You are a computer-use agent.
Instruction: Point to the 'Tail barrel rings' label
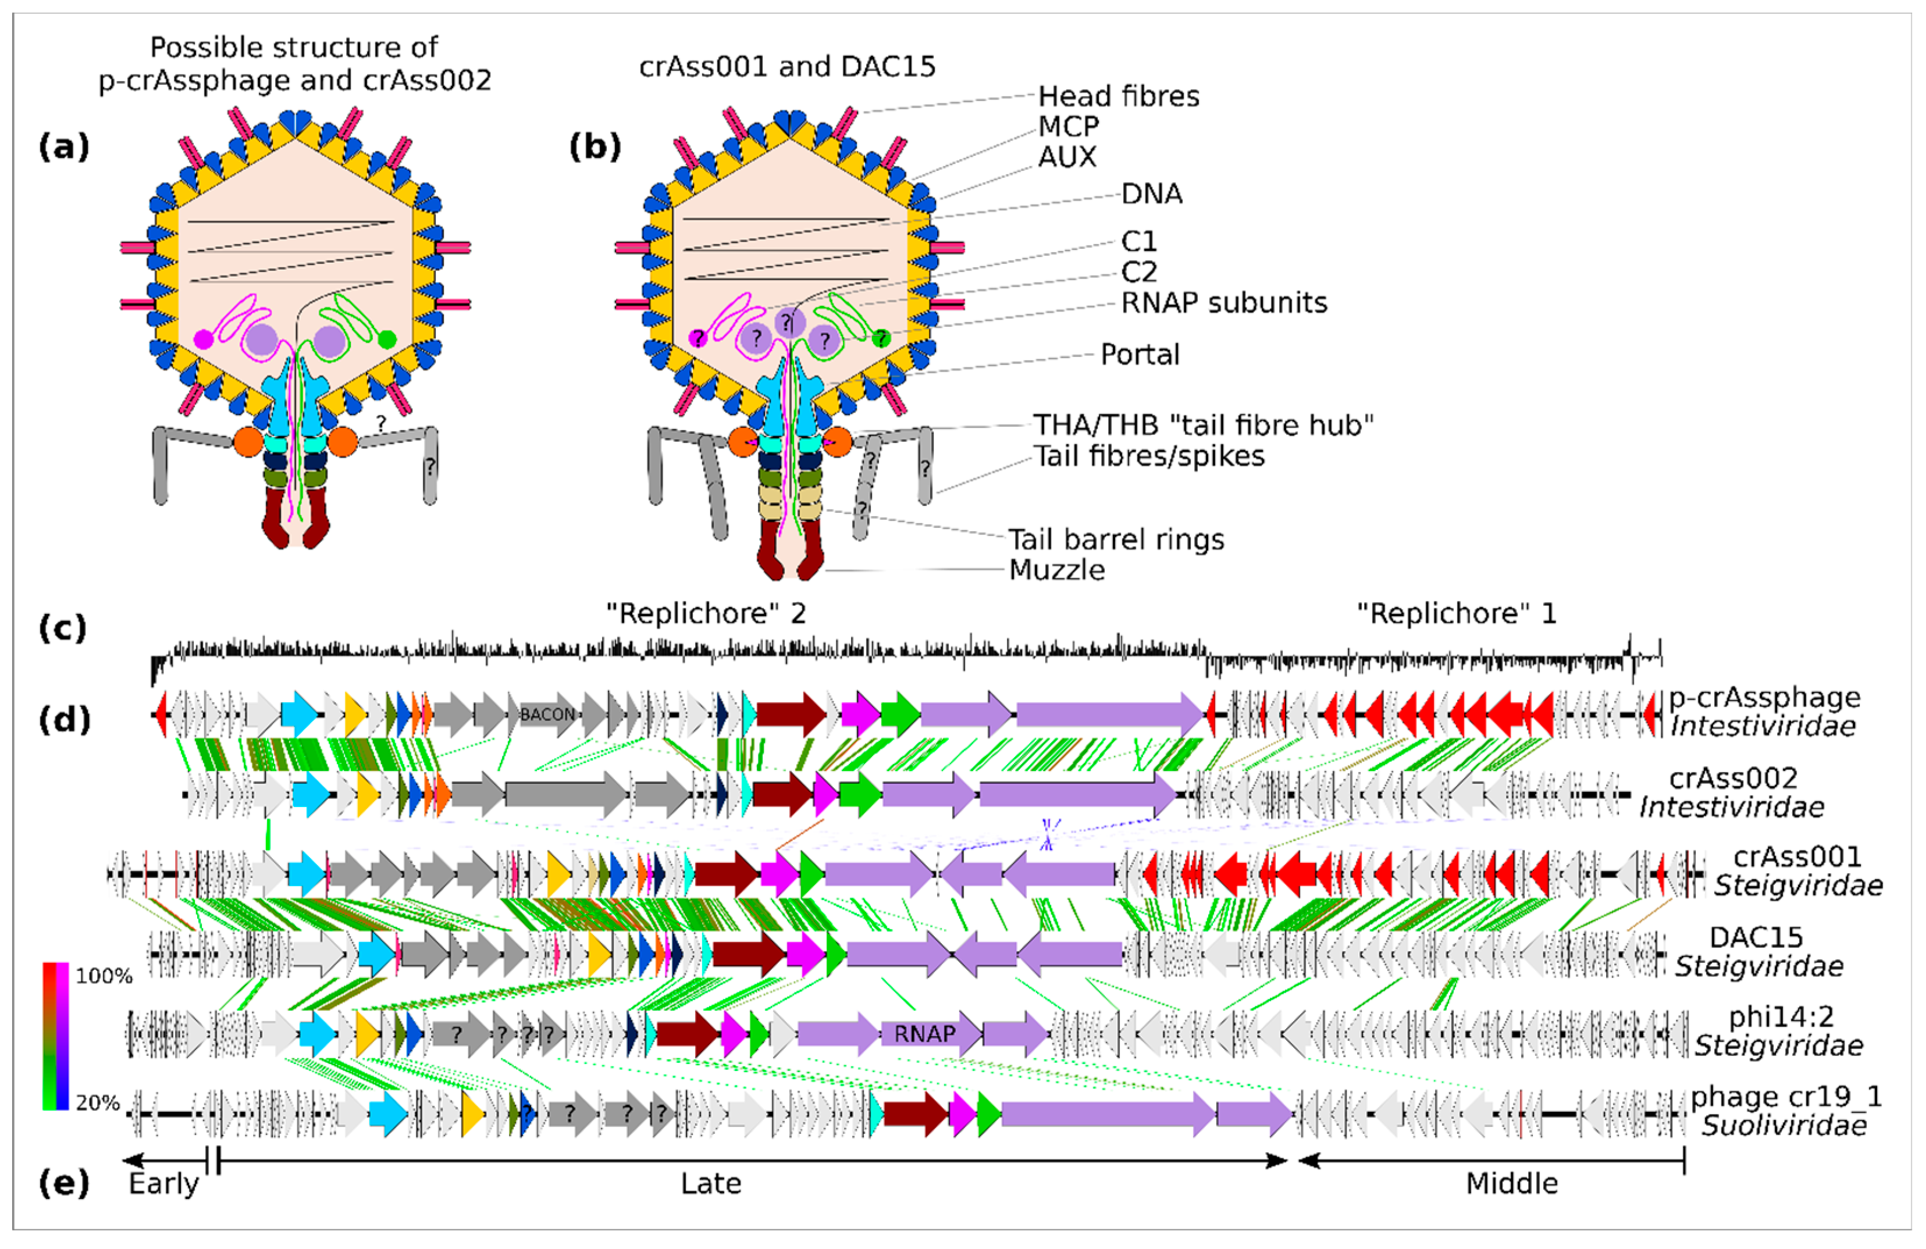pos(1115,539)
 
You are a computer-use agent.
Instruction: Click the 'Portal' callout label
pos(1140,354)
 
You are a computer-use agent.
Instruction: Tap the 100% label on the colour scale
pos(104,976)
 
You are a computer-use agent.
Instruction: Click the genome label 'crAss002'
pos(1733,778)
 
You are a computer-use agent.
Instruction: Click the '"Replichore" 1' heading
pos(1456,613)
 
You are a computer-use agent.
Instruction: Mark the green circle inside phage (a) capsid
pos(387,339)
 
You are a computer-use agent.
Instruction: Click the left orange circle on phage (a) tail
pos(248,442)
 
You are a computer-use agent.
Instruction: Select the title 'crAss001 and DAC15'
pos(786,66)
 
